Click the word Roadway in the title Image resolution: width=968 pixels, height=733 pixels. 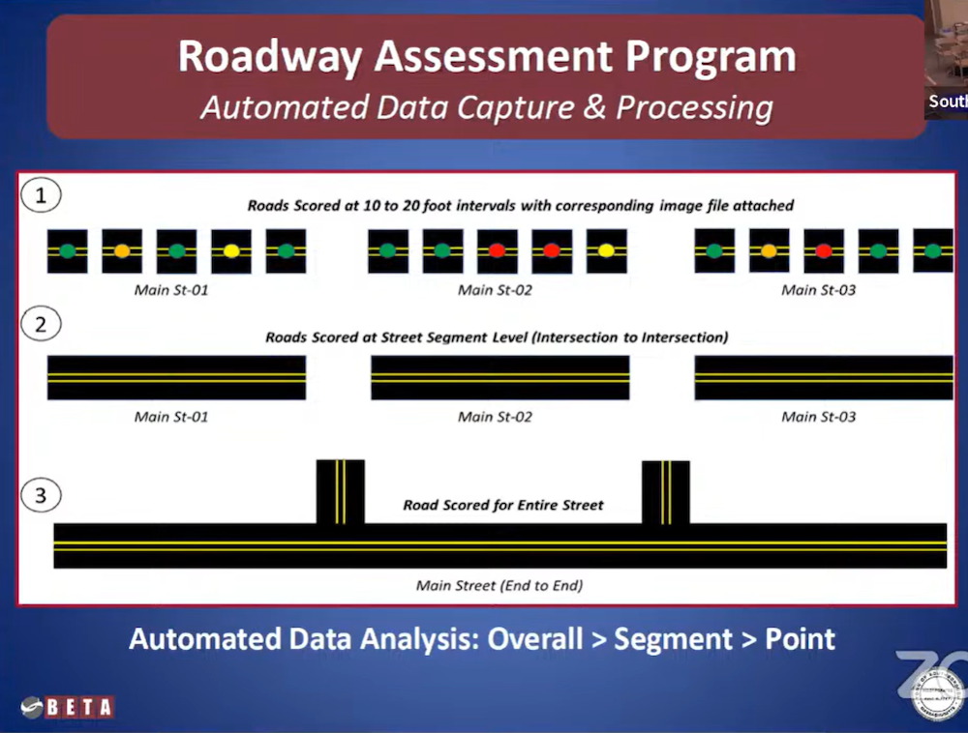pyautogui.click(x=270, y=57)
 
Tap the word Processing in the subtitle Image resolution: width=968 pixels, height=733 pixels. pyautogui.click(x=694, y=107)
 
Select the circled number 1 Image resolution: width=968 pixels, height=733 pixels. pyautogui.click(x=41, y=195)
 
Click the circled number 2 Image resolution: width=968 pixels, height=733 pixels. pyautogui.click(x=41, y=324)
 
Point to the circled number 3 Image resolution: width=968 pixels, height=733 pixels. pyautogui.click(x=41, y=495)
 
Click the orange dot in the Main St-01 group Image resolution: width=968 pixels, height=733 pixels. pyautogui.click(x=122, y=250)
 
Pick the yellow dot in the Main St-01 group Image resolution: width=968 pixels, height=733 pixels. pyautogui.click(x=231, y=250)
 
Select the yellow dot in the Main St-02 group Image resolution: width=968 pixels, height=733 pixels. pyautogui.click(x=606, y=250)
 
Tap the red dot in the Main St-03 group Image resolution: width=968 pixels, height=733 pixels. pyautogui.click(x=824, y=250)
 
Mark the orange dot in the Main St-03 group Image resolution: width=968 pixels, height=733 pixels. pyautogui.click(x=769, y=250)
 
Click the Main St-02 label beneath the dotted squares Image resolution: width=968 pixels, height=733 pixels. pyautogui.click(x=495, y=290)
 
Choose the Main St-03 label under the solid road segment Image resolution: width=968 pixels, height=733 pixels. pyautogui.click(x=819, y=417)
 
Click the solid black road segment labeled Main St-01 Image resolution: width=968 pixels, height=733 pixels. pyautogui.click(x=176, y=377)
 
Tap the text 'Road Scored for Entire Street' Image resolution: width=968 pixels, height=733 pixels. pyautogui.click(x=503, y=505)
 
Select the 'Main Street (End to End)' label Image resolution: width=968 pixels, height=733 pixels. pyautogui.click(x=499, y=585)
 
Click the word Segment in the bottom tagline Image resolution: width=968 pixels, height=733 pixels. pyautogui.click(x=673, y=639)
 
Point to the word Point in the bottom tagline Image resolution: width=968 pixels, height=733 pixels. pyautogui.click(x=801, y=638)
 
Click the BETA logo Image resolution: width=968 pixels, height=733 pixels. pyautogui.click(x=67, y=707)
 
